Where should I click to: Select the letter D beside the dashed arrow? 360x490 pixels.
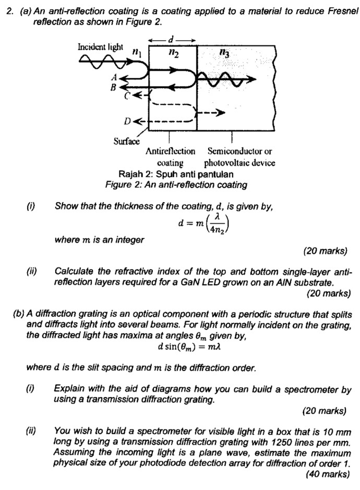click(127, 121)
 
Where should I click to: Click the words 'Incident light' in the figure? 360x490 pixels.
click(101, 47)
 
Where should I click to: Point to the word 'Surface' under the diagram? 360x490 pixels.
click(126, 141)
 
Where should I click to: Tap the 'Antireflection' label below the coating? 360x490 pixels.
click(171, 152)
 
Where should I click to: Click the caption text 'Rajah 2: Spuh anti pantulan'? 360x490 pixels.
click(176, 174)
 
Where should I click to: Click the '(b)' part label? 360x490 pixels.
click(19, 314)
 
